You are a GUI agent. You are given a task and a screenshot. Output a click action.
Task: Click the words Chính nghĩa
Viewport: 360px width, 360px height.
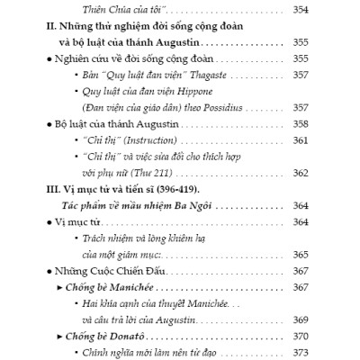pos(136,352)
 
